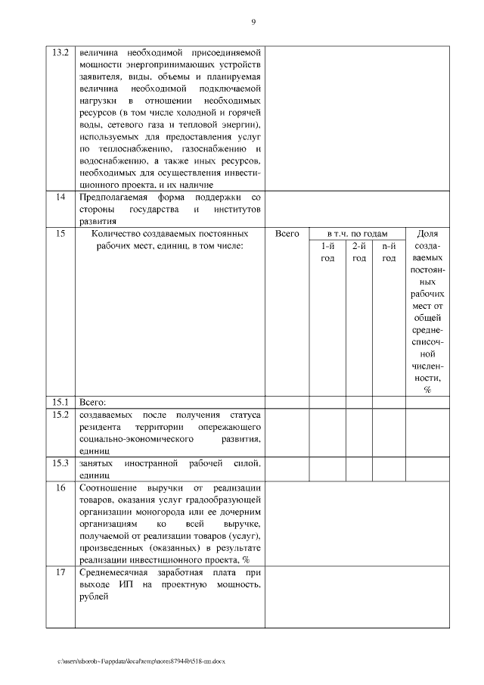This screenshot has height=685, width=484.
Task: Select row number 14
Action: (60, 198)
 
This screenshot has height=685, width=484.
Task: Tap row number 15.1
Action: (60, 401)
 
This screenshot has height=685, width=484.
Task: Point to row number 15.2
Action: (60, 415)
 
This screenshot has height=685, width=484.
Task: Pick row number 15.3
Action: (60, 462)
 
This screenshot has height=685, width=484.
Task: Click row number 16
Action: (60, 487)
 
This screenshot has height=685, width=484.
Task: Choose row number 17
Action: (60, 573)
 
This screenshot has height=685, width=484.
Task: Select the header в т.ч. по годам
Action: (357, 234)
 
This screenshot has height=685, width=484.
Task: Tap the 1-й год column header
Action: (327, 252)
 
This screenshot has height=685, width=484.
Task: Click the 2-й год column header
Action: (359, 252)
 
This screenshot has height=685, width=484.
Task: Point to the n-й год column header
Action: (389, 252)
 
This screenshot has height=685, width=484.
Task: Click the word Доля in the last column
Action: (427, 234)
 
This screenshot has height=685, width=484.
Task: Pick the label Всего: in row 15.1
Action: (92, 401)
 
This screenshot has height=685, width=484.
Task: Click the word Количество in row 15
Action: (118, 234)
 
